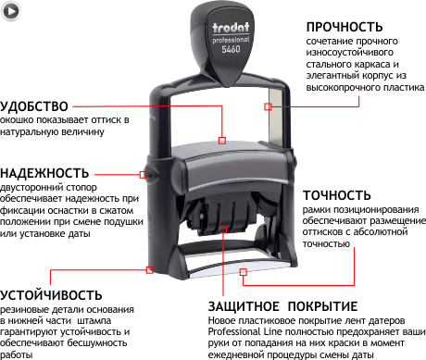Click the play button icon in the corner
(11, 11)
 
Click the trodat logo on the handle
(231, 28)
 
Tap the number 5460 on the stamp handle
(231, 49)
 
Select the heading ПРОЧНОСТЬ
(345, 27)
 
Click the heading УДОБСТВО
(34, 106)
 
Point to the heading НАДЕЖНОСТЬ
(44, 173)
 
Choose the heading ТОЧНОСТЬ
(337, 195)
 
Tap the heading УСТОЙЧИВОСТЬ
(51, 295)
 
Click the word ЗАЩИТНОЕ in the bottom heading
(244, 306)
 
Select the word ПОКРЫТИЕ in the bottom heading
(322, 306)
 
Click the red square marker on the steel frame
(268, 106)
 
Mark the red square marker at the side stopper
(143, 175)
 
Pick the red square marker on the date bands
(223, 230)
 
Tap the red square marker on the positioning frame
(244, 272)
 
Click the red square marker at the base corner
(150, 270)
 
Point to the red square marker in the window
(222, 141)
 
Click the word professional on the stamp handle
(231, 40)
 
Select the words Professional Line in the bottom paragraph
(245, 332)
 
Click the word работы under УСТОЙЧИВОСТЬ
(16, 354)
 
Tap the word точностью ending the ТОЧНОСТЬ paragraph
(326, 244)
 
